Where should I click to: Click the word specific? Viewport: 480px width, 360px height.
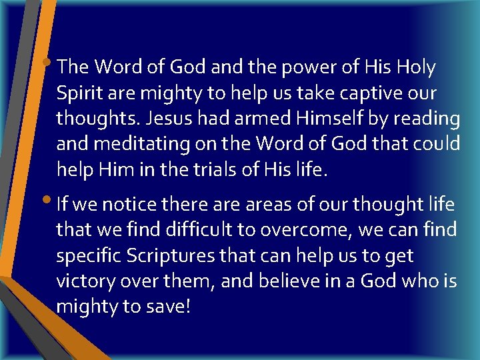[87, 256]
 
